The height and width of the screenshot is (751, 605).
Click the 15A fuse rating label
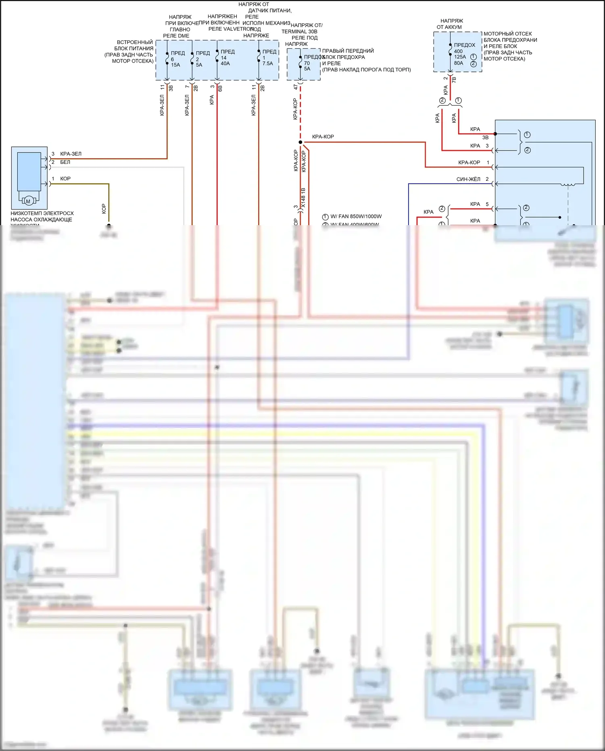[x=175, y=65]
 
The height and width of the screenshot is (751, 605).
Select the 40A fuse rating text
[x=225, y=64]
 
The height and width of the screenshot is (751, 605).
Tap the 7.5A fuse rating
[x=268, y=64]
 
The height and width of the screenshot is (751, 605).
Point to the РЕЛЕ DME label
[x=176, y=36]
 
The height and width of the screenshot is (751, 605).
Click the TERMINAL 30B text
[x=299, y=31]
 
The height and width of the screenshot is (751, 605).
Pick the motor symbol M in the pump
[x=28, y=201]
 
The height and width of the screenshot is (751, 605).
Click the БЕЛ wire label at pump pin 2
[x=65, y=162]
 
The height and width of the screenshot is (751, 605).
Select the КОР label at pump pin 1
[x=65, y=179]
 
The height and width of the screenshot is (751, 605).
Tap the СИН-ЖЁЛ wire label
[x=468, y=179]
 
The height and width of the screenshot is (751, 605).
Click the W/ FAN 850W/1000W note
[x=356, y=216]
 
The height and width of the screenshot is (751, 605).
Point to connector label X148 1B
[x=303, y=198]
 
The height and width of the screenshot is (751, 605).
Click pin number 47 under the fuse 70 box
[x=296, y=87]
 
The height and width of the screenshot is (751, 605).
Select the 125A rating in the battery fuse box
[x=460, y=57]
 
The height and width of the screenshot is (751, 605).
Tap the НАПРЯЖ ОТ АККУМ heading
[x=451, y=24]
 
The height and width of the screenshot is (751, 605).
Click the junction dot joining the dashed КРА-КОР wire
[x=300, y=142]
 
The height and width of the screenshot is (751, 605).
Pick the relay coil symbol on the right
[x=568, y=184]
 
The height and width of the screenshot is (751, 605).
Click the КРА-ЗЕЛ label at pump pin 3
[x=71, y=154]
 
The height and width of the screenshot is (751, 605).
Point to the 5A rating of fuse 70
[x=307, y=69]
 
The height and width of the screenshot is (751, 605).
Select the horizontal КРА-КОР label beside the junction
[x=323, y=137]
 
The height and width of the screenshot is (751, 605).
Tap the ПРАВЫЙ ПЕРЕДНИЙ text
[x=348, y=51]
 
